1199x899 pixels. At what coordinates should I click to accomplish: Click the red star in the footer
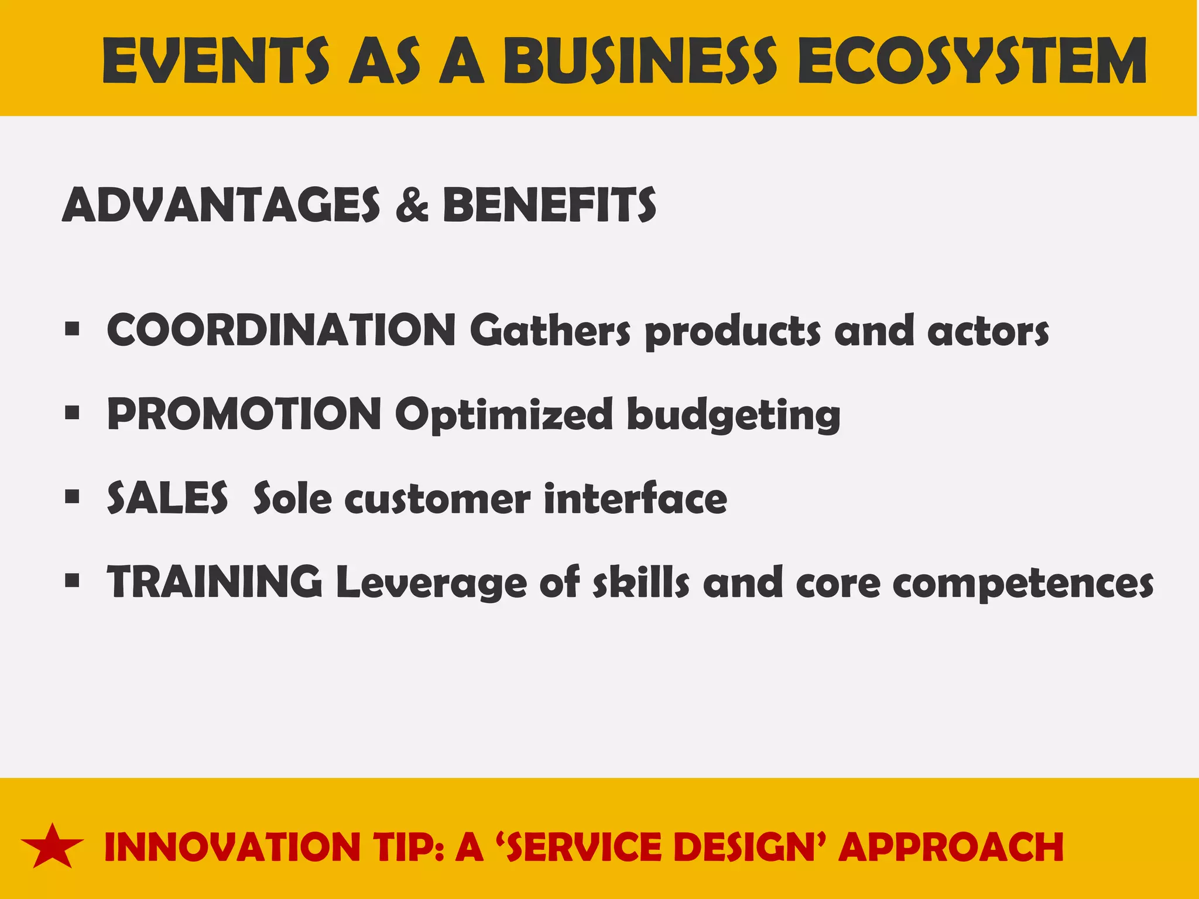pyautogui.click(x=52, y=847)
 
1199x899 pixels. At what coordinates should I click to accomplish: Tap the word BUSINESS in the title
pyautogui.click(x=640, y=60)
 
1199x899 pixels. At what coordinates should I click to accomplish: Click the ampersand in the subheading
pyautogui.click(x=412, y=205)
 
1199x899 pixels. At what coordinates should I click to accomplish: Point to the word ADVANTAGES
pyautogui.click(x=221, y=205)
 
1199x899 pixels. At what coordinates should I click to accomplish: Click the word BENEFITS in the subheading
pyautogui.click(x=549, y=205)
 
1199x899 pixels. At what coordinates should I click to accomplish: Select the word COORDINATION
pyautogui.click(x=281, y=330)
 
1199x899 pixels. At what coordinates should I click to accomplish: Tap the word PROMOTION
pyautogui.click(x=244, y=414)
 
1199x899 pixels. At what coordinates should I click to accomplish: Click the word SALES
pyautogui.click(x=167, y=498)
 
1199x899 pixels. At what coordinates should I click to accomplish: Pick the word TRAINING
pyautogui.click(x=214, y=582)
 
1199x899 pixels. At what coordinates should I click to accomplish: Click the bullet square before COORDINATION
pyautogui.click(x=72, y=330)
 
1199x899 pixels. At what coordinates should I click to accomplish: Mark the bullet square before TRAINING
pyautogui.click(x=72, y=582)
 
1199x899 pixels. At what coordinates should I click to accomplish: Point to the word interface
pyautogui.click(x=635, y=498)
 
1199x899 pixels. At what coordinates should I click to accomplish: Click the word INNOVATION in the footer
pyautogui.click(x=232, y=847)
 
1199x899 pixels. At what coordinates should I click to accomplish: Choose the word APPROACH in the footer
pyautogui.click(x=951, y=847)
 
